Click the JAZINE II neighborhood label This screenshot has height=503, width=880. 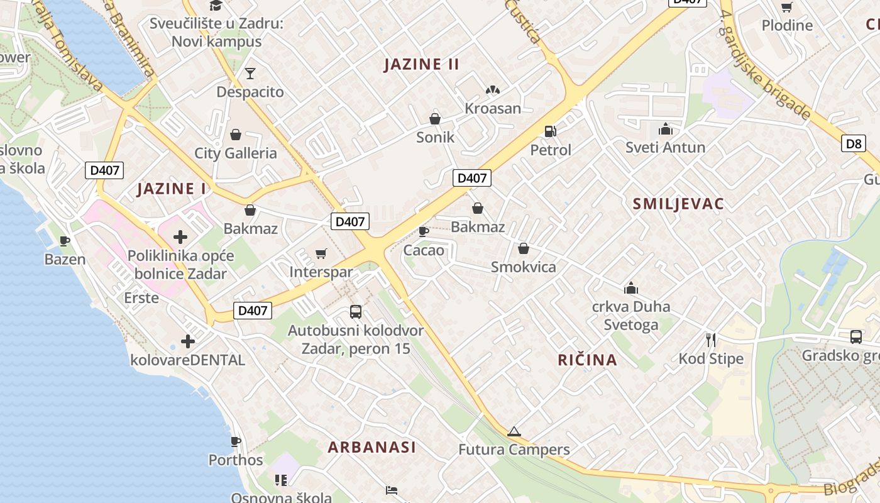(x=421, y=64)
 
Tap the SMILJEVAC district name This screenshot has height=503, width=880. (x=678, y=204)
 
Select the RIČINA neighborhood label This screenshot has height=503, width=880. (x=587, y=360)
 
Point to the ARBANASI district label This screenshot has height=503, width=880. (x=371, y=447)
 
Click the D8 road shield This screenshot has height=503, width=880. (x=853, y=143)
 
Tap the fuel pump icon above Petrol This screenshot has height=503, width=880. (x=550, y=131)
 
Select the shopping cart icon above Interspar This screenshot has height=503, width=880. (x=321, y=253)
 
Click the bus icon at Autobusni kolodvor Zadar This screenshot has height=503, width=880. (x=355, y=311)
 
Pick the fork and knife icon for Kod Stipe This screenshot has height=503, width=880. (x=711, y=340)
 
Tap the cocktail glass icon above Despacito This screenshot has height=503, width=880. (x=250, y=74)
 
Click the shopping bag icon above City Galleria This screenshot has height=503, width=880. (x=236, y=134)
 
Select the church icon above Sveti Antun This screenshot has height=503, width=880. (x=665, y=129)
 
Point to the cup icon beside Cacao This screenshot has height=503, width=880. (x=424, y=231)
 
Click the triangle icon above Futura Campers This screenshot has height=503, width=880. (x=514, y=431)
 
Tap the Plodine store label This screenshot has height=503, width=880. (x=787, y=25)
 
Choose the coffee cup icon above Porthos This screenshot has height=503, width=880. (x=236, y=441)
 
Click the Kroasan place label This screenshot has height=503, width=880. (x=493, y=108)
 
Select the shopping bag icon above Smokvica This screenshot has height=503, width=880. (x=524, y=248)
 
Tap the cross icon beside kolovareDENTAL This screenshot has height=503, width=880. (x=187, y=341)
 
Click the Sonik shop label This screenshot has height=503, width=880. (x=435, y=137)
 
